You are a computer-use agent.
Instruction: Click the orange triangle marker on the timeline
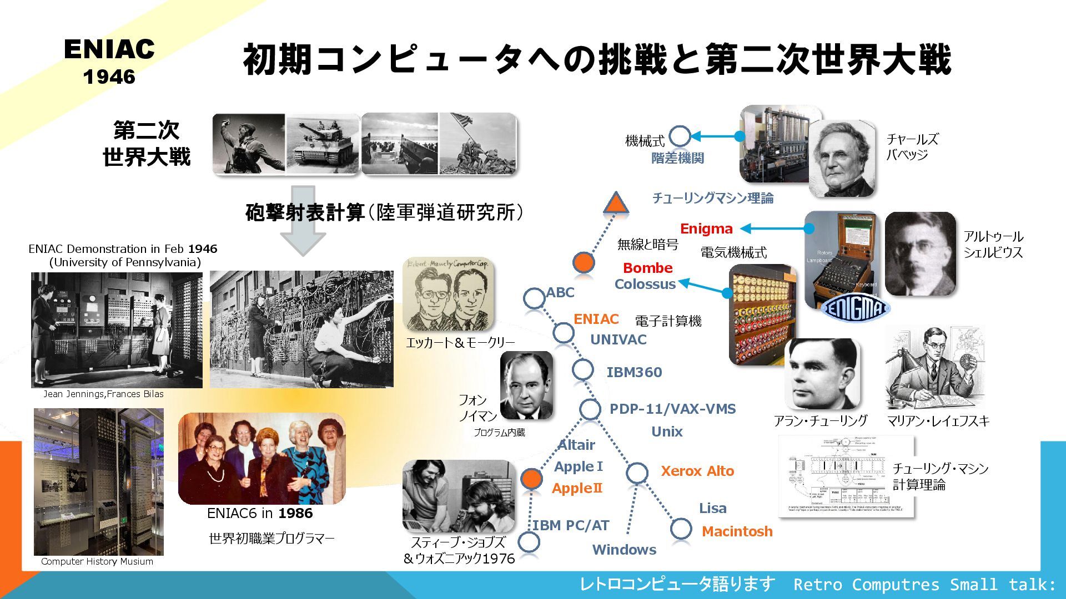click(x=616, y=204)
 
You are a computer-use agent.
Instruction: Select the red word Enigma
click(x=706, y=229)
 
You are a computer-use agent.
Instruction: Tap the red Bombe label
click(x=647, y=268)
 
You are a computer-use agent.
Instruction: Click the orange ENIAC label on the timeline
click(x=596, y=319)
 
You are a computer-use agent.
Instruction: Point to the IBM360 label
click(x=634, y=372)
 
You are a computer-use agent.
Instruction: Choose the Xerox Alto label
click(x=697, y=471)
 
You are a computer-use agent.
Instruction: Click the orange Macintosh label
click(x=737, y=531)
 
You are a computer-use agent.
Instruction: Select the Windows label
click(x=624, y=550)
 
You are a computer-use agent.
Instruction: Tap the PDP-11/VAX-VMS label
click(x=672, y=409)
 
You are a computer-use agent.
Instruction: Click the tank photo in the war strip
click(x=323, y=144)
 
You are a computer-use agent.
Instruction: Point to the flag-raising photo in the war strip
click(x=478, y=144)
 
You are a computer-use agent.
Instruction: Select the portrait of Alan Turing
click(x=822, y=374)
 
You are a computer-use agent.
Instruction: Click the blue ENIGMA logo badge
click(x=855, y=308)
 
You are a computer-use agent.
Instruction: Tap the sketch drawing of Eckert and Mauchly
click(x=448, y=295)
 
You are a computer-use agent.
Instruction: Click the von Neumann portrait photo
click(x=526, y=385)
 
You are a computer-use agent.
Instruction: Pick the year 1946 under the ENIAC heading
click(x=109, y=77)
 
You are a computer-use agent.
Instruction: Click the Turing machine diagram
click(x=846, y=476)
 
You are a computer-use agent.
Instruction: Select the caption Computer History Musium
click(x=97, y=561)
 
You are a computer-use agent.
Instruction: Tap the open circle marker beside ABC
click(x=534, y=298)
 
